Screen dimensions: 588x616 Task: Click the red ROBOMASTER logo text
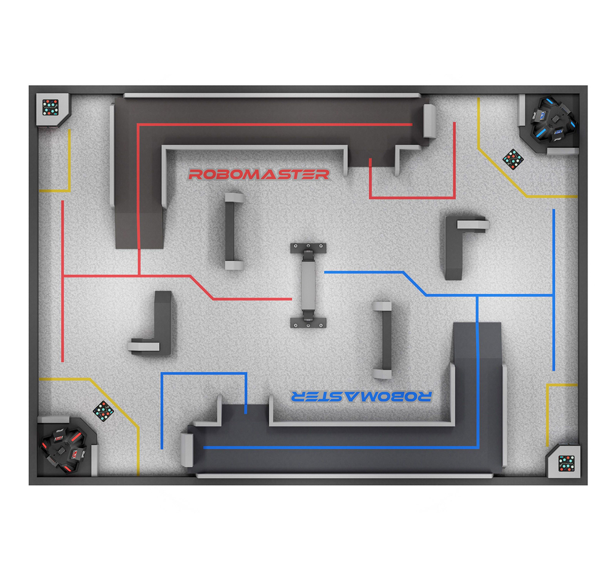[259, 174]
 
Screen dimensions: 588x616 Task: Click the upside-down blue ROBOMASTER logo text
[361, 396]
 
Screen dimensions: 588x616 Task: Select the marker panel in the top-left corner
[51, 107]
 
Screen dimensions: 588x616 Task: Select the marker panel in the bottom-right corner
[566, 462]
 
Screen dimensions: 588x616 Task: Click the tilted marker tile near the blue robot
[513, 159]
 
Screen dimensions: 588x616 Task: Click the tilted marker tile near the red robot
[103, 410]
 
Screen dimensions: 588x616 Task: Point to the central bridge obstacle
[308, 285]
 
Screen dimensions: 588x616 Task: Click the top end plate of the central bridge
[308, 248]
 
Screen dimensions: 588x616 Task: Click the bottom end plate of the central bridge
[308, 322]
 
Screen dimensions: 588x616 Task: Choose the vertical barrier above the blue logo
[383, 340]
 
